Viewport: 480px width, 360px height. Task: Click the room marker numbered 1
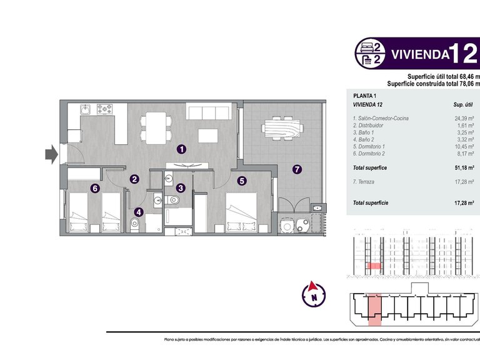181,149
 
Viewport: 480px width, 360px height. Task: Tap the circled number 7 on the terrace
297,169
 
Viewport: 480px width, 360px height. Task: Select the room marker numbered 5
242,181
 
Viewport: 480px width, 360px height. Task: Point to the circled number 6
94,187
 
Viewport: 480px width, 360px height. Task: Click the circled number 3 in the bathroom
180,187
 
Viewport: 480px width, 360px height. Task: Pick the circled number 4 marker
139,212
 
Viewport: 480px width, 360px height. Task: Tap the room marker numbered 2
134,179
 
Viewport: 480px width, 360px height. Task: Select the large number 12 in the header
465,52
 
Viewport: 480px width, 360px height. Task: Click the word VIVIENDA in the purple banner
420,54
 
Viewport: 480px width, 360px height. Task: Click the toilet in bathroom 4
134,224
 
